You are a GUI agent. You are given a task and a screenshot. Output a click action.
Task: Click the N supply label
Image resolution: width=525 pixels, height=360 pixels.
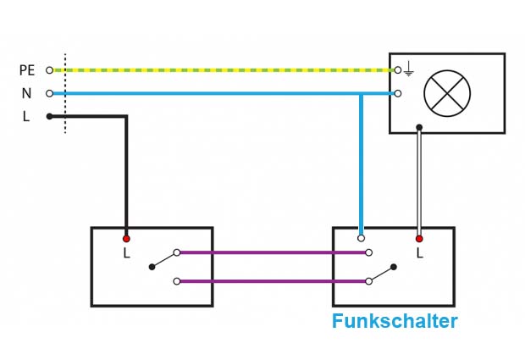pyautogui.click(x=26, y=93)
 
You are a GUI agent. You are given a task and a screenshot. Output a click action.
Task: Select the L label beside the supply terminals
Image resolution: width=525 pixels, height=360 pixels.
pyautogui.click(x=26, y=117)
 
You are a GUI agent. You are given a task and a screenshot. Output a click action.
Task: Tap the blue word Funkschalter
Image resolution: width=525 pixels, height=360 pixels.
pyautogui.click(x=395, y=322)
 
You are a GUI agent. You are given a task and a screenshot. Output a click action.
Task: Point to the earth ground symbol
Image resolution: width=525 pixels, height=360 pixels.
pyautogui.click(x=409, y=69)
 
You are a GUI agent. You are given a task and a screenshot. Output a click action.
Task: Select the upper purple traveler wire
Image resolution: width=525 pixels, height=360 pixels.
pyautogui.click(x=271, y=252)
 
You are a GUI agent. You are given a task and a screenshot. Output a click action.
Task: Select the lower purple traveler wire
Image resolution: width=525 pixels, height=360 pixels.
pyautogui.click(x=271, y=281)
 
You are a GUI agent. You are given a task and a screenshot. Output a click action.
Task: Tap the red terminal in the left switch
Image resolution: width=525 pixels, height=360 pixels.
pyautogui.click(x=126, y=239)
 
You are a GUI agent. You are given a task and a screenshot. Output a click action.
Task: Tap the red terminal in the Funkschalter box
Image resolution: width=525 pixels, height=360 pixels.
pyautogui.click(x=418, y=239)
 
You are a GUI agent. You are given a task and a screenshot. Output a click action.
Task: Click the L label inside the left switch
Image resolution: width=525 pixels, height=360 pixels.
pyautogui.click(x=126, y=252)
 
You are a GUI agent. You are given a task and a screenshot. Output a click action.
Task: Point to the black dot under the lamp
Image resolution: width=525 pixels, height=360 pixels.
pyautogui.click(x=418, y=127)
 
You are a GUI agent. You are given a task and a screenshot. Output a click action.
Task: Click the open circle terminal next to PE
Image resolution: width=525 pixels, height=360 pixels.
pyautogui.click(x=49, y=69)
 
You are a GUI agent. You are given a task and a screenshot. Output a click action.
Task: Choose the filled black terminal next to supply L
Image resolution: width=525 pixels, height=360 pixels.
pyautogui.click(x=49, y=116)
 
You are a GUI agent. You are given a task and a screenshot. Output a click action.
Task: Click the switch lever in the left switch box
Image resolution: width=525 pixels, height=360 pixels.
pyautogui.click(x=163, y=259)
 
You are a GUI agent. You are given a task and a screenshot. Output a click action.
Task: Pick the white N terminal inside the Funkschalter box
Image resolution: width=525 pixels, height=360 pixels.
pyautogui.click(x=362, y=239)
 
